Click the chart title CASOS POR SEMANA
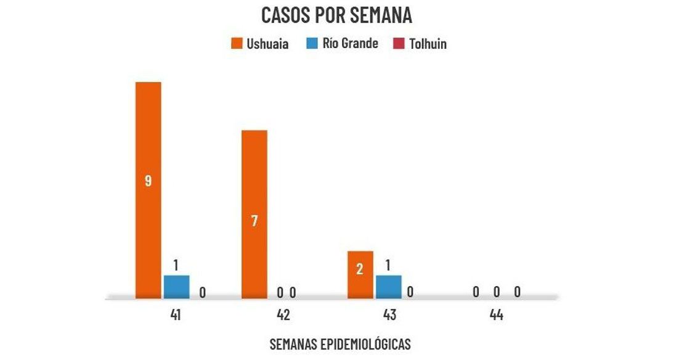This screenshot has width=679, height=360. click(336, 15)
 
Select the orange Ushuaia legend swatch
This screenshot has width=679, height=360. click(237, 44)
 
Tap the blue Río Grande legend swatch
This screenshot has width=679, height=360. click(311, 44)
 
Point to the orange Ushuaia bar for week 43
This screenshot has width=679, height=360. click(360, 274)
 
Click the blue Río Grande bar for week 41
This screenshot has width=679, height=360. click(176, 287)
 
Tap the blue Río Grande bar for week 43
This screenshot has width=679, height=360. click(388, 287)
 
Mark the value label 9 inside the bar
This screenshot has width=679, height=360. click(148, 181)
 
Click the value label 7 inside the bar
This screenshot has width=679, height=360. click(254, 221)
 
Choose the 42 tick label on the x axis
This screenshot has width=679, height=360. click(283, 315)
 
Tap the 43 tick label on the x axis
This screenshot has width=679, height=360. click(389, 315)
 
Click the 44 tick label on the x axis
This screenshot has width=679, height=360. click(496, 315)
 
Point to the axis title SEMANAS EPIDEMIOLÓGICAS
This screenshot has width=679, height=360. click(339, 344)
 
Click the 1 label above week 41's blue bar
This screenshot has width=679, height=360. click(176, 266)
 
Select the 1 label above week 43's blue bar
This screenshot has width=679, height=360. click(388, 266)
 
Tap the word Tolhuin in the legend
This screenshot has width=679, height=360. click(428, 44)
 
